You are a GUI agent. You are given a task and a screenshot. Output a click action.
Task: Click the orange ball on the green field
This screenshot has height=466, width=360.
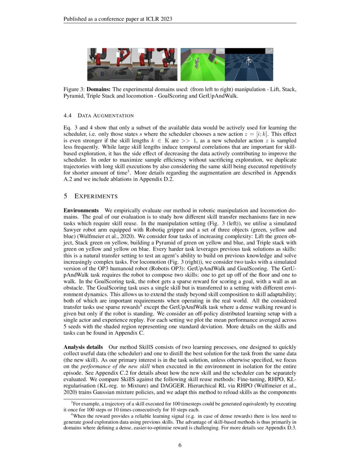(216, 63)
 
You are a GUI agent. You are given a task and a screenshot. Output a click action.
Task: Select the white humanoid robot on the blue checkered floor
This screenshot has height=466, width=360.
(249, 63)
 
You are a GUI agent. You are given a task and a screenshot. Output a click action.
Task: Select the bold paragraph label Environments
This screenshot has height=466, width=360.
(81, 211)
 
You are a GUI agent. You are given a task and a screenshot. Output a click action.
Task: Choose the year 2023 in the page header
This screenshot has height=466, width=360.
(166, 19)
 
